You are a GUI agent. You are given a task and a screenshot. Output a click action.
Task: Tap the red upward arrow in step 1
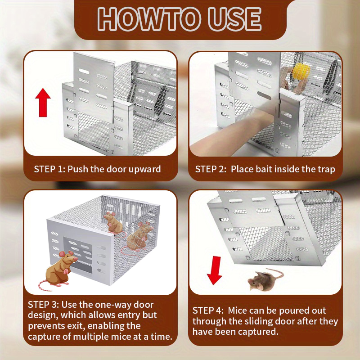43,102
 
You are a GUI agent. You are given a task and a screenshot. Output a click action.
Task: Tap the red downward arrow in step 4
215,270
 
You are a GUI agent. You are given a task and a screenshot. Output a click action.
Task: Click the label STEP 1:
49,169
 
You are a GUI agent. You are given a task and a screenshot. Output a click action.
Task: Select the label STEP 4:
208,310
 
